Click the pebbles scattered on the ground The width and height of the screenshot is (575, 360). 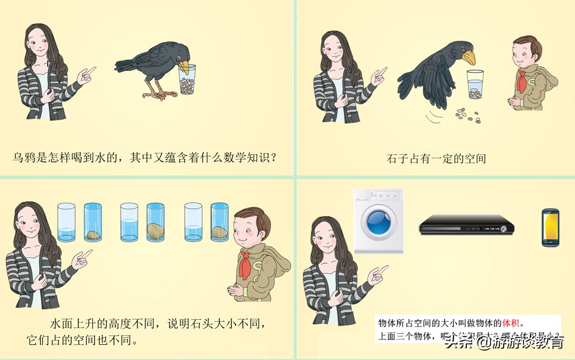(467, 115)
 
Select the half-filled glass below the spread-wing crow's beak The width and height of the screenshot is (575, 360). (476, 84)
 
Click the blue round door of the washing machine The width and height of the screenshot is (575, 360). (378, 223)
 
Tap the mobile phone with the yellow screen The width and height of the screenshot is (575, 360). (550, 228)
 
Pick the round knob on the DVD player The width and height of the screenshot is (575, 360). (504, 229)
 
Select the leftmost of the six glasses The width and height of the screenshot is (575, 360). (66, 222)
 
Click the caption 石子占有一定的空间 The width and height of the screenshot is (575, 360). (436, 158)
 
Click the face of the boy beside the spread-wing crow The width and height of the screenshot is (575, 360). (523, 53)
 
